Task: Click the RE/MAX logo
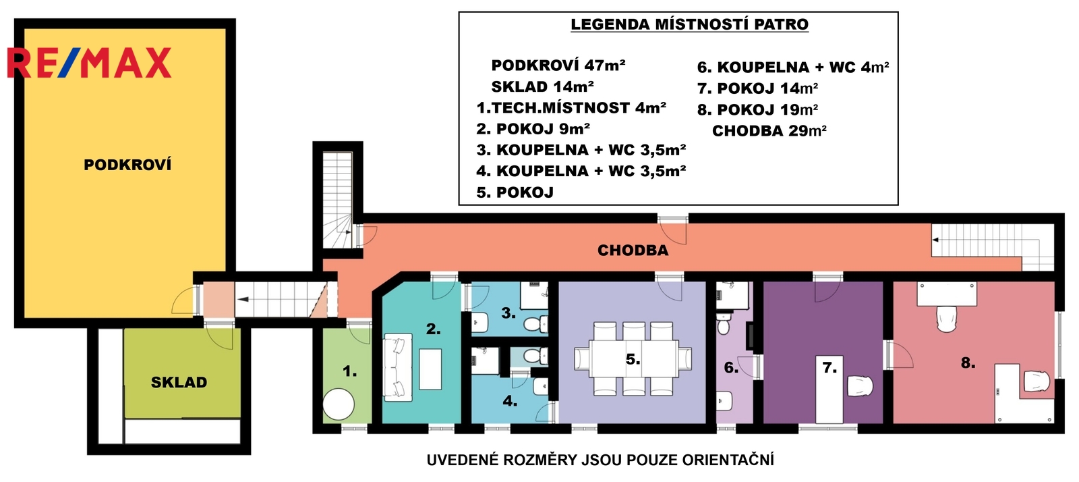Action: pos(89,63)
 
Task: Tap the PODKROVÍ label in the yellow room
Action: pos(127,165)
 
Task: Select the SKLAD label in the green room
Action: pos(179,382)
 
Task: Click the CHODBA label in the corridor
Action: pos(633,250)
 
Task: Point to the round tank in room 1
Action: pos(339,404)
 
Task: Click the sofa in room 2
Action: pos(398,367)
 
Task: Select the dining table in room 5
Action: pos(633,358)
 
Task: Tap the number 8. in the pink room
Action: pos(968,363)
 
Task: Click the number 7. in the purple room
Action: pos(829,368)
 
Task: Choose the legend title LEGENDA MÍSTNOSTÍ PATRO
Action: pos(689,24)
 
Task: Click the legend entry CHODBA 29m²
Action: pos(769,130)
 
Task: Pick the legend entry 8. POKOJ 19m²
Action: pos(758,109)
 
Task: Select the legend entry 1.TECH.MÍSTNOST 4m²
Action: pos(571,107)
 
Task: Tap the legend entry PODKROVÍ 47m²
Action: pos(558,65)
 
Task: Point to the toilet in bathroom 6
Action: pos(723,325)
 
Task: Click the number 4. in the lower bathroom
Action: pos(510,400)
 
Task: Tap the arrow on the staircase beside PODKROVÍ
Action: pos(243,299)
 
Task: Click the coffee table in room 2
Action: pos(430,369)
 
